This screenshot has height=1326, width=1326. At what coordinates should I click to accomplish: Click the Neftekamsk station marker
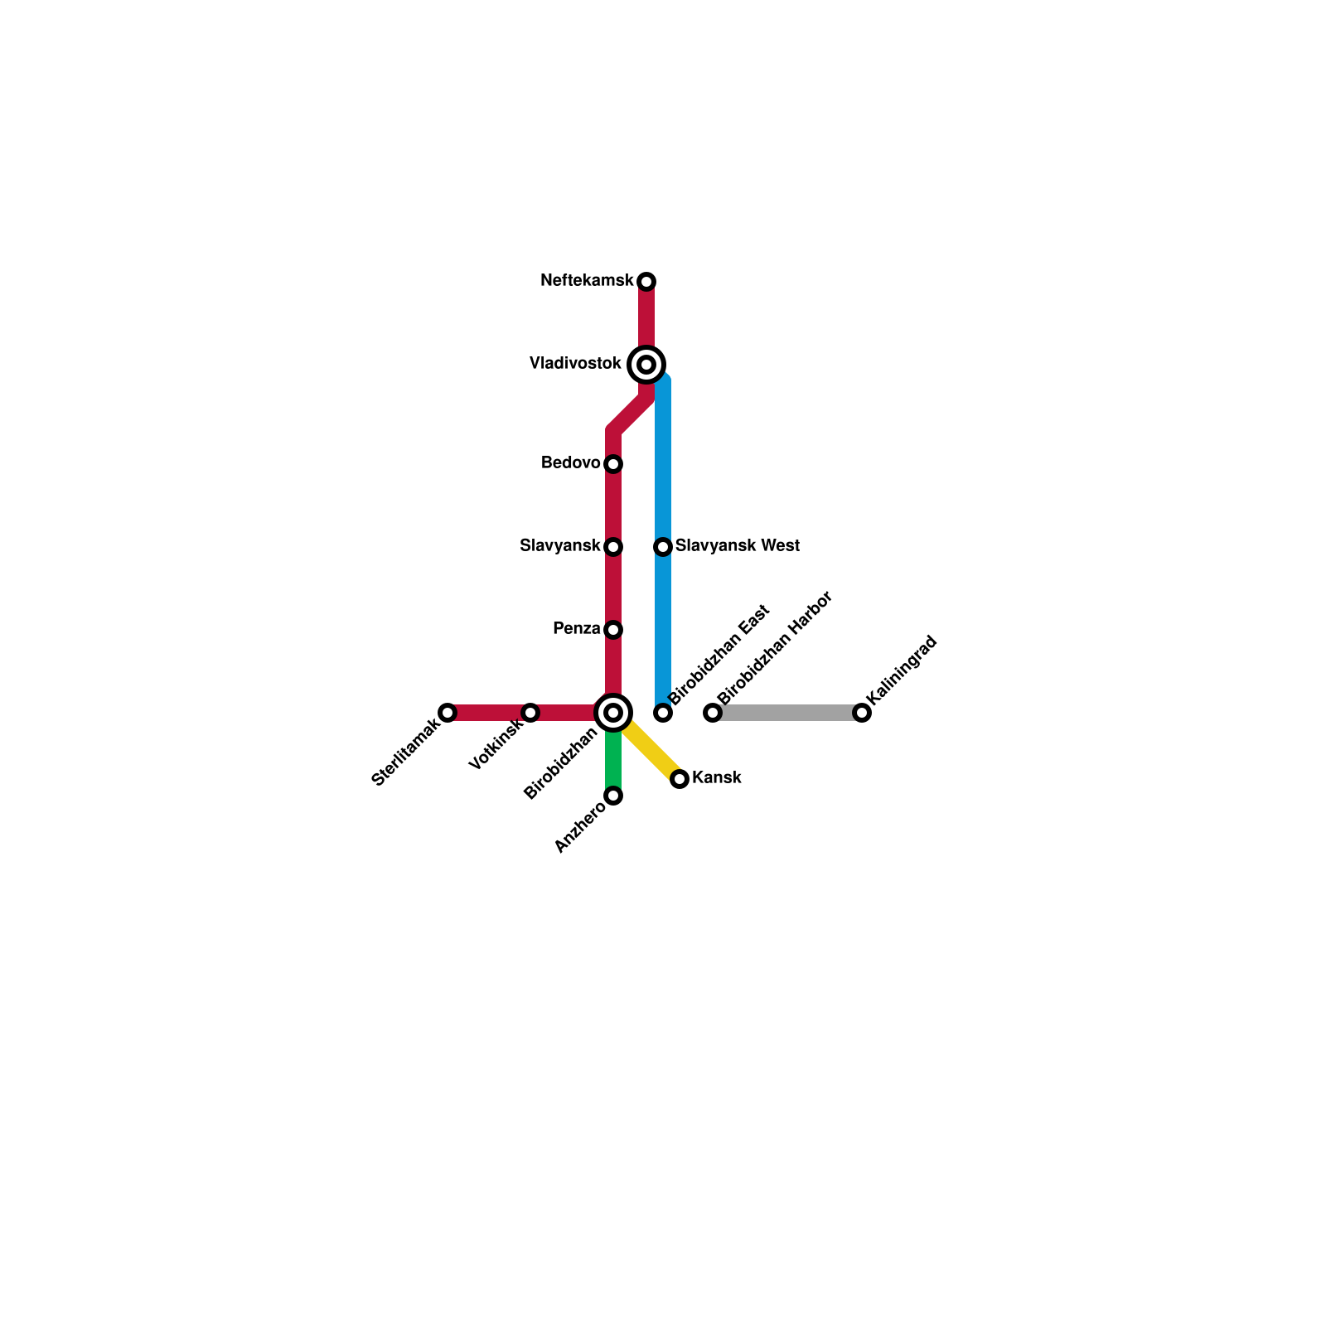(646, 282)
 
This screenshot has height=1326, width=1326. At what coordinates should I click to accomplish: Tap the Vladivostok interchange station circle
(646, 365)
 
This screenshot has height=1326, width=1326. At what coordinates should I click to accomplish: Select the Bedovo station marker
(613, 464)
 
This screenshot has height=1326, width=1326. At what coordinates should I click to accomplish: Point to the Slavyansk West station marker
(663, 547)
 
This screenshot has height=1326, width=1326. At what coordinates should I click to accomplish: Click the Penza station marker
(613, 630)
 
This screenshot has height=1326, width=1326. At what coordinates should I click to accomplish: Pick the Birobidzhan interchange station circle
(613, 713)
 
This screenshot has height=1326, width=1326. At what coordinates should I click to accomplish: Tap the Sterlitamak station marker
(448, 713)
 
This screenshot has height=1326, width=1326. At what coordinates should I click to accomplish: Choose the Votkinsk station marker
(530, 713)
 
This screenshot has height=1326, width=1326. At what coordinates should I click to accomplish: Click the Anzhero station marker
(613, 796)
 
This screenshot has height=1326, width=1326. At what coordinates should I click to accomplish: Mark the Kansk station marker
(680, 779)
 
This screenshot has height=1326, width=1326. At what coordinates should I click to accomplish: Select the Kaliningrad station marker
(862, 713)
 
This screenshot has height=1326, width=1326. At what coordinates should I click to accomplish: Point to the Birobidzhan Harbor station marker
(713, 713)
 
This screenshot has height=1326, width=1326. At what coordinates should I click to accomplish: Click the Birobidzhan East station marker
(663, 713)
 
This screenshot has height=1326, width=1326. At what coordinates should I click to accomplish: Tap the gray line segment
(787, 713)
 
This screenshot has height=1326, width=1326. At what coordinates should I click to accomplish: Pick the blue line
(663, 464)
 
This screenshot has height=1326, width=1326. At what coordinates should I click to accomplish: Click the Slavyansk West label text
(737, 546)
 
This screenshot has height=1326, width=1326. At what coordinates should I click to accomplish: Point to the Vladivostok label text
(575, 364)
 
